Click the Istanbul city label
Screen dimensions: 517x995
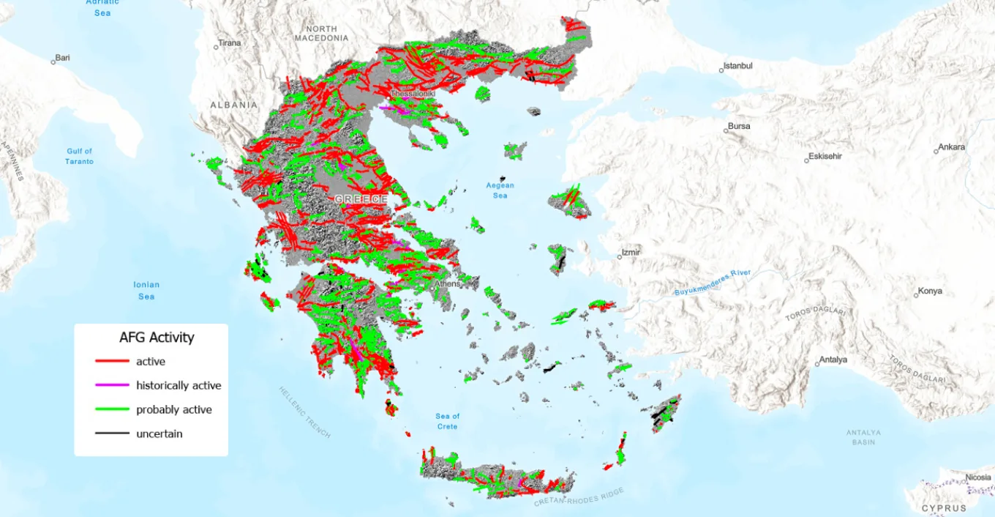pyautogui.click(x=737, y=66)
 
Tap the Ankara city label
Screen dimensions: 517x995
pyautogui.click(x=951, y=147)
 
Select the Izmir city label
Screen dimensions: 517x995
pyautogui.click(x=630, y=253)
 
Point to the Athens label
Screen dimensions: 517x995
pyautogui.click(x=447, y=283)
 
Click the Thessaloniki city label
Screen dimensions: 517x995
pyautogui.click(x=413, y=94)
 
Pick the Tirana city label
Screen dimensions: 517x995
pyautogui.click(x=229, y=43)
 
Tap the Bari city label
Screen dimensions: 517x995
pyautogui.click(x=62, y=58)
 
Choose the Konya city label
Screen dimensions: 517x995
pyautogui.click(x=930, y=291)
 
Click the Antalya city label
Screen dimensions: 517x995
pyautogui.click(x=833, y=360)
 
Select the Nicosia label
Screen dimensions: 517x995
pyautogui.click(x=978, y=477)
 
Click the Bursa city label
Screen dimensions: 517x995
pyautogui.click(x=739, y=126)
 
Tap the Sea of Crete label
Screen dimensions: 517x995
pyautogui.click(x=448, y=421)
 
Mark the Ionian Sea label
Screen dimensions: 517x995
pyautogui.click(x=146, y=290)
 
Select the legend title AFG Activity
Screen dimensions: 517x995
pyautogui.click(x=157, y=338)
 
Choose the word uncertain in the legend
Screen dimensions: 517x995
pyautogui.click(x=159, y=434)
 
